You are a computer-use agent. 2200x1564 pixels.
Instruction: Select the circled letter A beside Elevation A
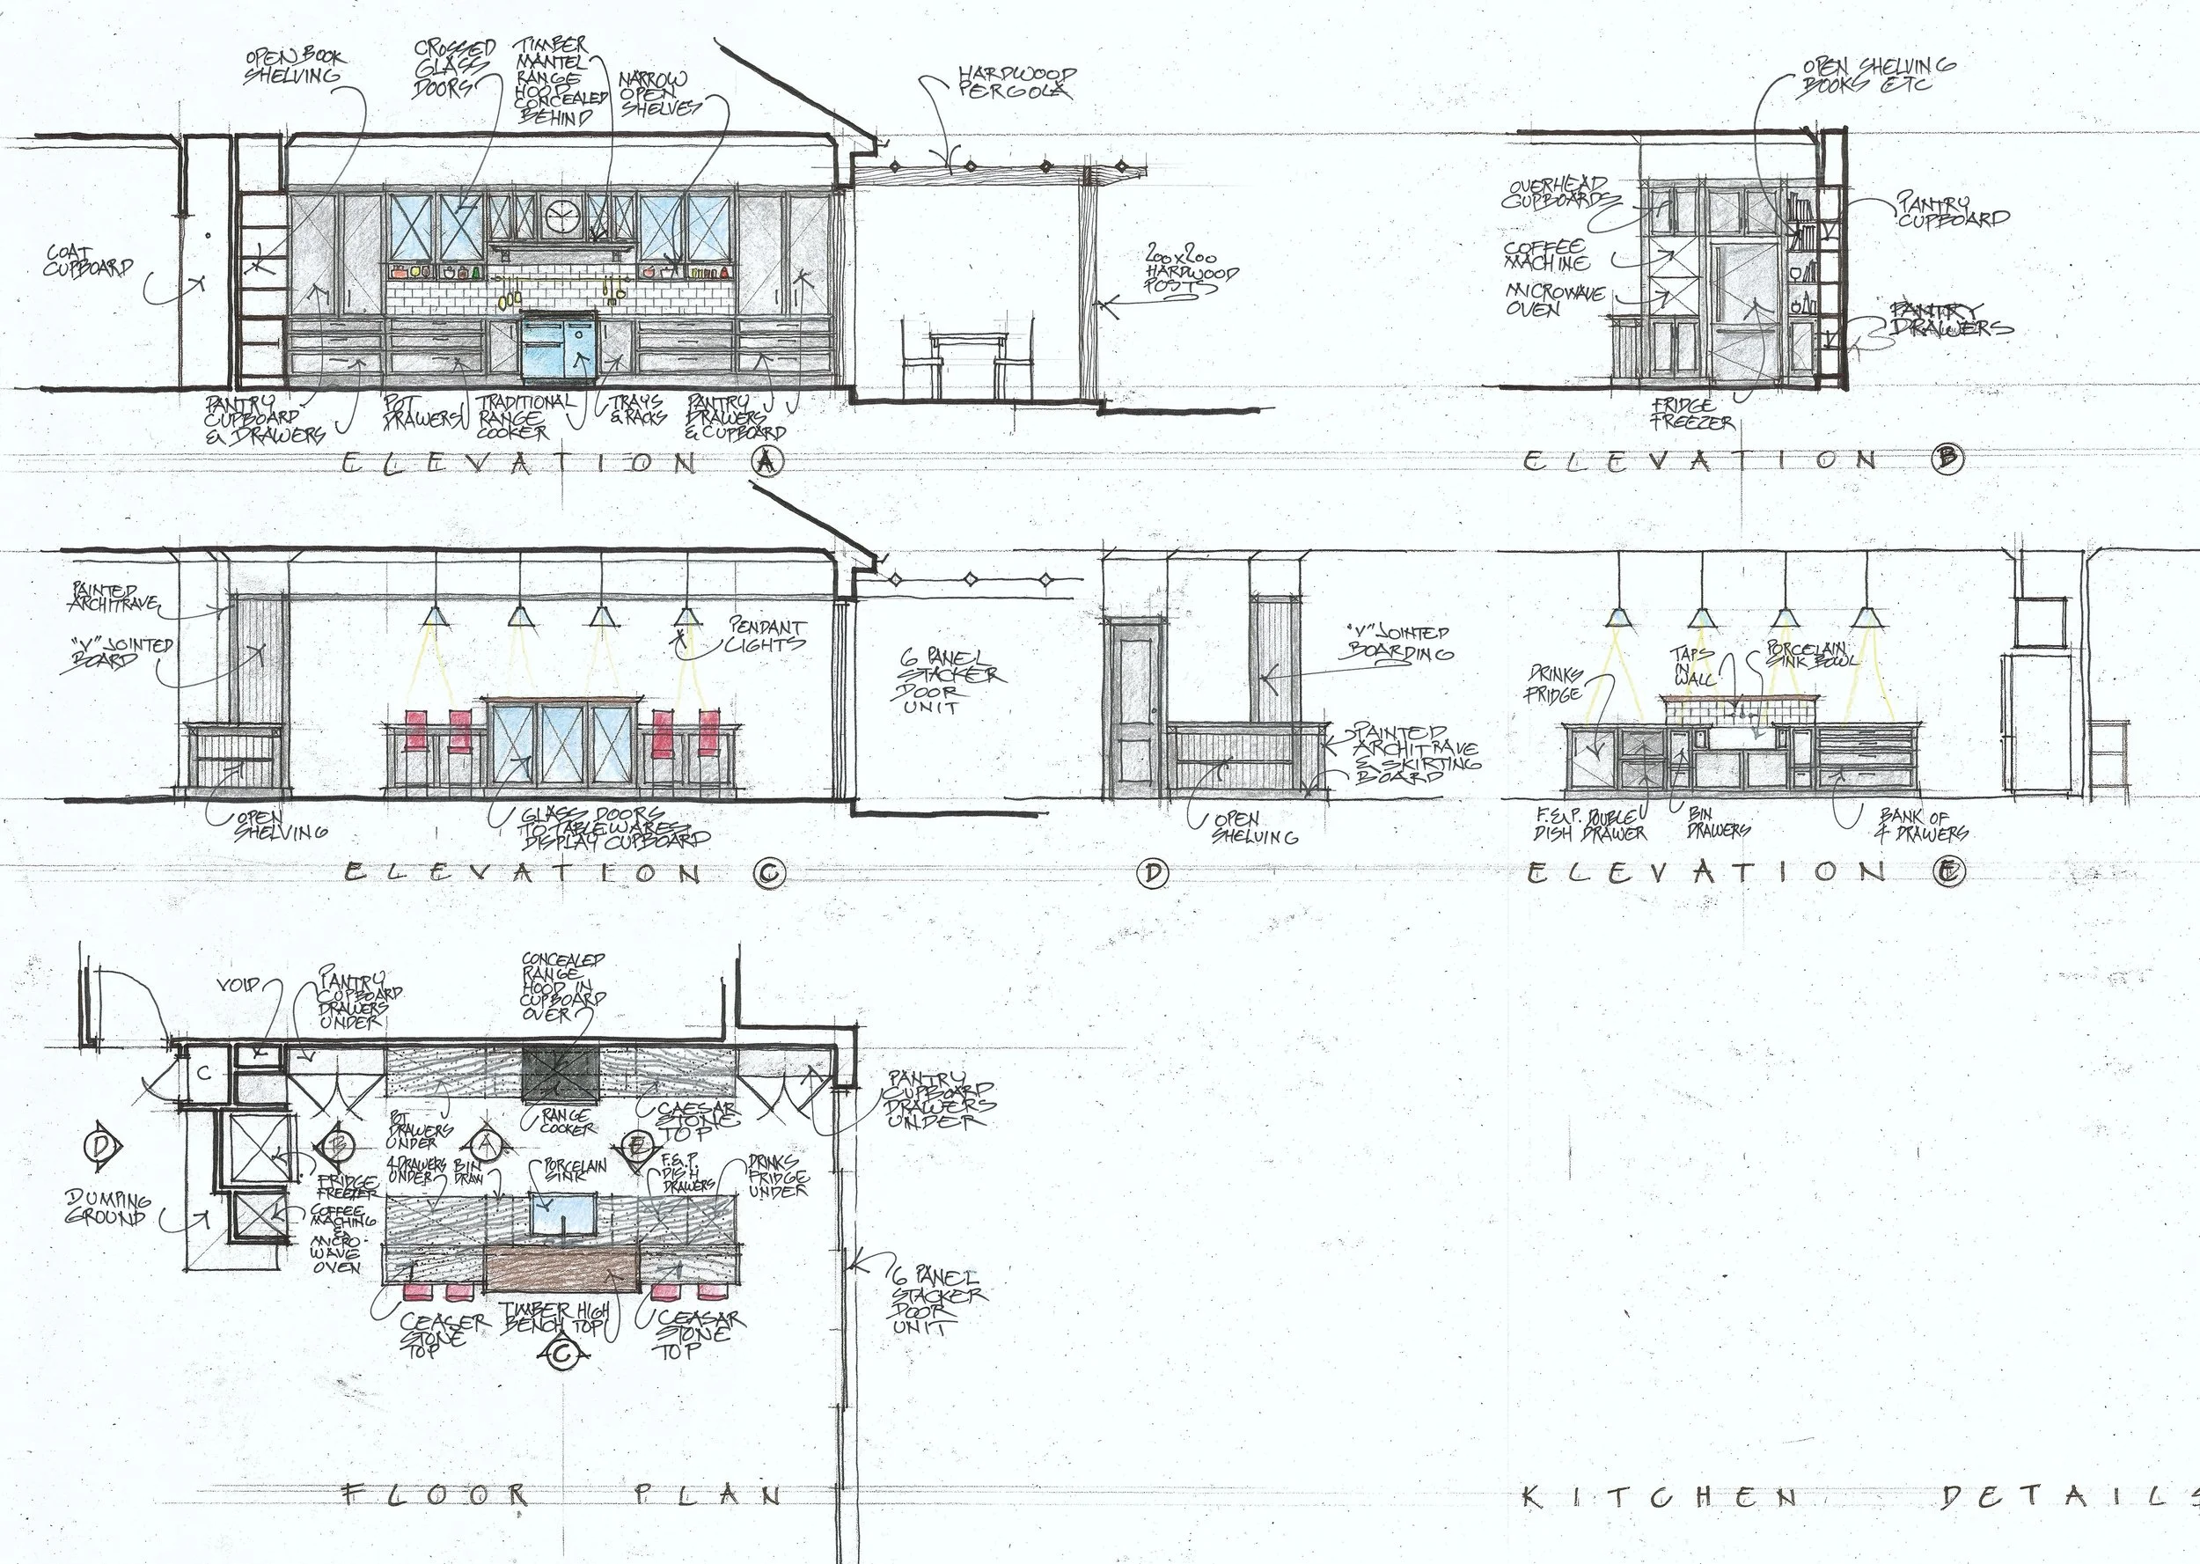(x=766, y=462)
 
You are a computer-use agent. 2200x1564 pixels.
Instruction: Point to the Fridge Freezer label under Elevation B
(x=1692, y=415)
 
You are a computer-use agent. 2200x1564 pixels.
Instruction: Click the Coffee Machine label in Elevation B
(x=1546, y=255)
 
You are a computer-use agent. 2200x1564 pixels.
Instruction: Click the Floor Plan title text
(x=563, y=1494)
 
